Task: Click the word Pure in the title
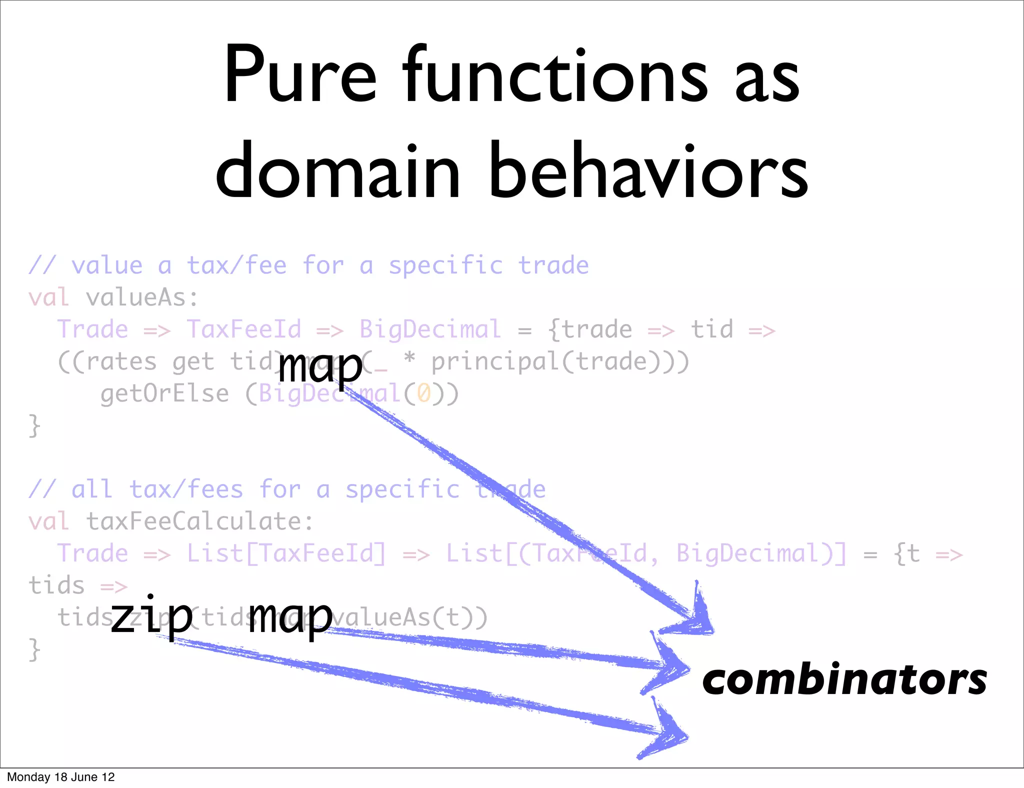coord(299,75)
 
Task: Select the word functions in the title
coord(555,75)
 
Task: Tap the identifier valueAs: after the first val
coord(142,298)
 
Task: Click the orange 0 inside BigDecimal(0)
coord(424,393)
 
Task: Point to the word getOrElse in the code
coord(164,394)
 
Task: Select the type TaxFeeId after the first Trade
coord(244,330)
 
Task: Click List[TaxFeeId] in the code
coord(286,554)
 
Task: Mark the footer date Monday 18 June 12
coord(61,777)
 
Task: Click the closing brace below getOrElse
coord(34,426)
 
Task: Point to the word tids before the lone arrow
coord(56,585)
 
